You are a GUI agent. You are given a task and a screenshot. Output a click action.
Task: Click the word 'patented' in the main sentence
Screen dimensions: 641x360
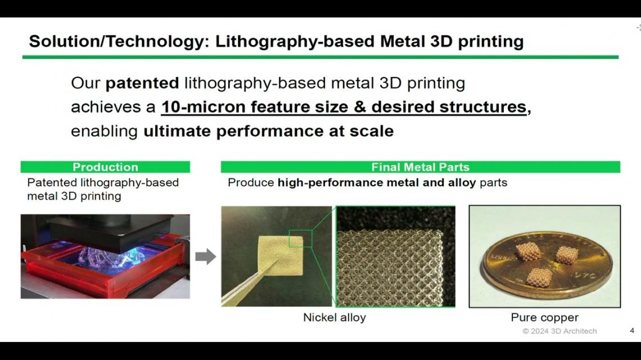[x=142, y=83]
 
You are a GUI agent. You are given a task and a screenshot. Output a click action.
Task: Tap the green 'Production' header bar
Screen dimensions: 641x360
[x=105, y=167]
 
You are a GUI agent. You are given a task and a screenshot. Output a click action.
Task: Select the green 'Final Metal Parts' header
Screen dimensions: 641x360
[x=420, y=167]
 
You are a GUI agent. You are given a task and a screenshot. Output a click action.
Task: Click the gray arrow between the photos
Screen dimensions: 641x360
[x=206, y=256]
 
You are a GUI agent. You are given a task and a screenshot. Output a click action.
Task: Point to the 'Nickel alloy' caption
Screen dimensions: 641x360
[x=335, y=317]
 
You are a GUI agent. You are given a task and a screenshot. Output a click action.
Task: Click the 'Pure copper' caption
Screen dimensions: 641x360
[x=544, y=317]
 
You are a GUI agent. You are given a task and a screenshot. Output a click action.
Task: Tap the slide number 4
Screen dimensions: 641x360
[x=632, y=331]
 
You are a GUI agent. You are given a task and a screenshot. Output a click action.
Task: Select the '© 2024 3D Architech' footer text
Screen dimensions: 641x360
[x=559, y=331]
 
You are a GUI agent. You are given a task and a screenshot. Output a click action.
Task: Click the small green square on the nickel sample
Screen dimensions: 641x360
[x=300, y=238]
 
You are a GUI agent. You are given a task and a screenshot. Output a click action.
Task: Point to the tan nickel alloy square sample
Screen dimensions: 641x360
[x=281, y=255]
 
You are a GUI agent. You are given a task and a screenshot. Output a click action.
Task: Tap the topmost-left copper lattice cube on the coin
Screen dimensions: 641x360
[x=528, y=251]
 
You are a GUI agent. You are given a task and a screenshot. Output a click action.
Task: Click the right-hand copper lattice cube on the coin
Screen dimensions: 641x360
[x=567, y=255]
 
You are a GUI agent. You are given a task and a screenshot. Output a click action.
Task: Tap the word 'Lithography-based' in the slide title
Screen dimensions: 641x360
[x=295, y=42]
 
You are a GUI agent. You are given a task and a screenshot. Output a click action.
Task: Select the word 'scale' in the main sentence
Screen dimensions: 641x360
[x=372, y=131]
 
